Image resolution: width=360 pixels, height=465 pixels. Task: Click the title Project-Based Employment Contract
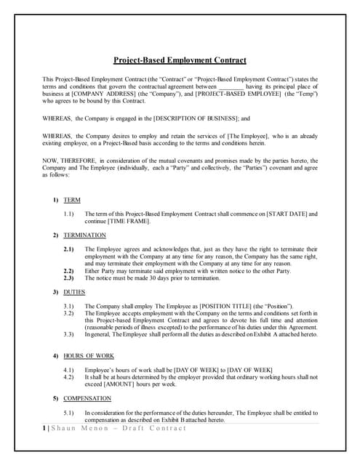coord(180,60)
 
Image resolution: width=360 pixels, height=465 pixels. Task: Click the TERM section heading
coord(72,199)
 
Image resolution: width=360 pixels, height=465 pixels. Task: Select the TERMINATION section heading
coord(84,235)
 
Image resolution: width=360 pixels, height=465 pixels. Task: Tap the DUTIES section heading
coord(74,292)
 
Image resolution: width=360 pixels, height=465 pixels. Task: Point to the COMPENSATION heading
coord(87,398)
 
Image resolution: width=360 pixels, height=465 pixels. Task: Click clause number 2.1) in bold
coord(68,249)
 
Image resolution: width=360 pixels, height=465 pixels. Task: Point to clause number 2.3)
coord(68,278)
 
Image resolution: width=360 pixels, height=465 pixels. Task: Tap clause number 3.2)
coord(68,313)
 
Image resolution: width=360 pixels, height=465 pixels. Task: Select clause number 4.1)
coord(68,370)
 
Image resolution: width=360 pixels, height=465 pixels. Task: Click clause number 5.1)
coord(68,412)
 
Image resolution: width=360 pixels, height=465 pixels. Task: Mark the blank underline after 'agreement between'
coord(231,86)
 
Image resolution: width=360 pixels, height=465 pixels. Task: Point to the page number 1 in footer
coord(45,428)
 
